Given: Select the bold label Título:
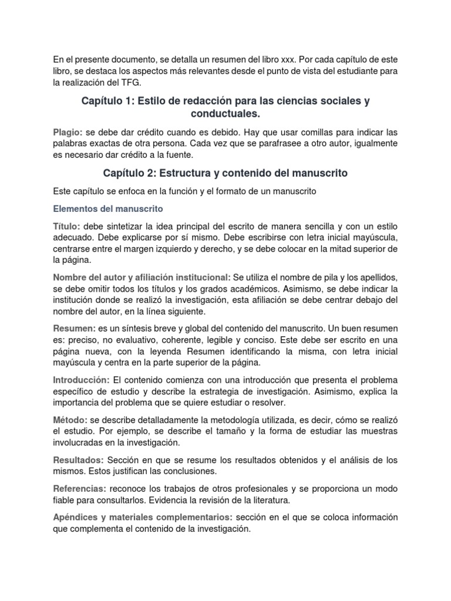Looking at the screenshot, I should click(66, 227).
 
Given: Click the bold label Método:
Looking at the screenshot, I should click(70, 420).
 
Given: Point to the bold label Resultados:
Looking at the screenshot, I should click(78, 460).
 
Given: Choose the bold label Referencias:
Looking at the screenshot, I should click(79, 489).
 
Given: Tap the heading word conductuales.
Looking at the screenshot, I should click(225, 112).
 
